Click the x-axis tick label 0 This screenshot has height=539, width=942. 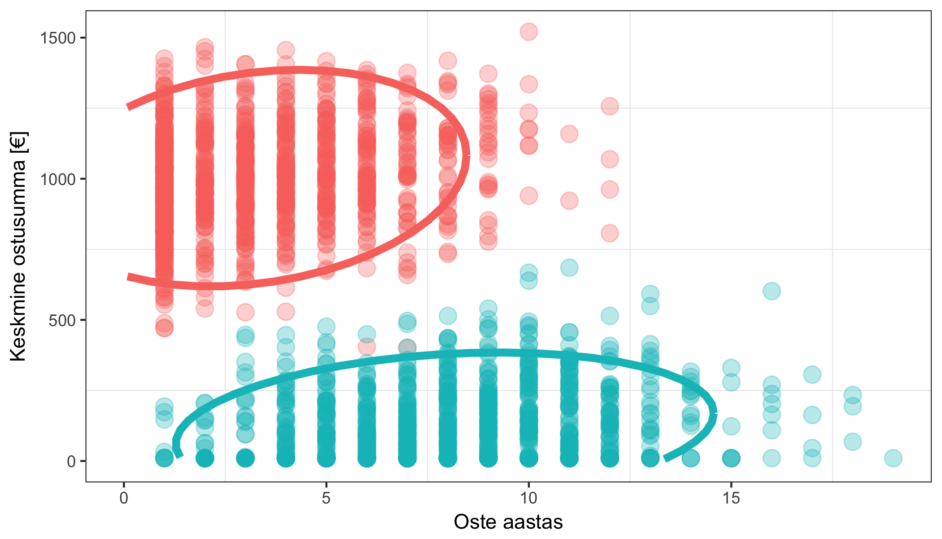pos(124,498)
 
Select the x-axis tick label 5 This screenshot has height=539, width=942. pos(326,498)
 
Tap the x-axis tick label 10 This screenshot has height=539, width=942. pos(528,498)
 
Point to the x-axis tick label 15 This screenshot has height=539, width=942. pos(731,498)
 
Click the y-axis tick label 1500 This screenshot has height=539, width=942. pos(57,38)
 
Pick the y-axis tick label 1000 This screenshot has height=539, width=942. pos(57,179)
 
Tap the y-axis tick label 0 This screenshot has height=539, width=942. pos(71,461)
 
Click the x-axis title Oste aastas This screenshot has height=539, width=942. pos(508,522)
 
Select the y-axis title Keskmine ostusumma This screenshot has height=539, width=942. pos(19,246)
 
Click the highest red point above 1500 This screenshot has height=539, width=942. pos(529,32)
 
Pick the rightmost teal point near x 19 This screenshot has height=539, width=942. pos(893,458)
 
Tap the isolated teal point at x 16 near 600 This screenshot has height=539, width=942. pos(772,291)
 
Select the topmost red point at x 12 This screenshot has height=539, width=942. pos(610,106)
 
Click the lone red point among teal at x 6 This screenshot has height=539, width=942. pos(367,346)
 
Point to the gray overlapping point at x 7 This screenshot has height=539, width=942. pos(407,347)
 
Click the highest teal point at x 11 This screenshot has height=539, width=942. pos(569,268)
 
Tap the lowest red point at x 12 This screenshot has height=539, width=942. pos(610,233)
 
